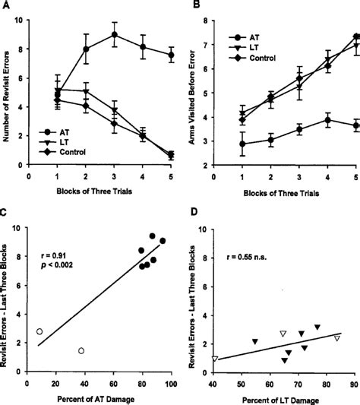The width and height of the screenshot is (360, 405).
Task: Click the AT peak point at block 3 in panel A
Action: [113, 34]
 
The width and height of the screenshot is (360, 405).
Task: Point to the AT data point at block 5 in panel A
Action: [170, 55]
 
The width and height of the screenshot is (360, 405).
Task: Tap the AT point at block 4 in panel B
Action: [328, 120]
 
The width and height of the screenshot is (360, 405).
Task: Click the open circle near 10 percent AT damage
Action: [39, 331]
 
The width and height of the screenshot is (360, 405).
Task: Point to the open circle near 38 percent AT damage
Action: [81, 350]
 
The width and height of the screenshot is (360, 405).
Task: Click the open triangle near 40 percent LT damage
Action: [216, 358]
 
